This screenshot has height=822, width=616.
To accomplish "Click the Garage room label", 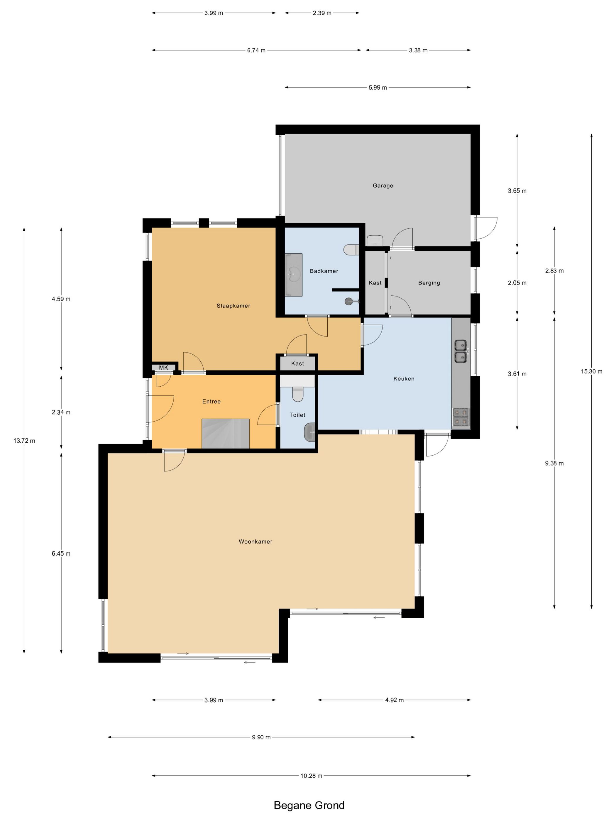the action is coord(383,186).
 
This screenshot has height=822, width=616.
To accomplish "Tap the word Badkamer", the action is coord(324,271).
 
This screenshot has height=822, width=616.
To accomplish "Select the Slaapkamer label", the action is coord(233,306).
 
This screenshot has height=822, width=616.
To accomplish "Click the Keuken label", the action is coord(404,379).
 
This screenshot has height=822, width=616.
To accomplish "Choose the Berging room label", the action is coord(429,283).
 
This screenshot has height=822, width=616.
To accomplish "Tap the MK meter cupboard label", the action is coord(163,368).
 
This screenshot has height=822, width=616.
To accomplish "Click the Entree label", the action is coord(211,401).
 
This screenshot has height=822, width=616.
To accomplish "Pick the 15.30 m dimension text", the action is coord(591,371).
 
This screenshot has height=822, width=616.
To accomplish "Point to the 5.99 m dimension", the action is coord(378,88).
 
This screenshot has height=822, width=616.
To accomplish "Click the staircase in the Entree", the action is coord(225,433).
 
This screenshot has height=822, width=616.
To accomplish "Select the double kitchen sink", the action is coord(461,351).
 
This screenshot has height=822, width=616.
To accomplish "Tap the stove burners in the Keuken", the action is coord(461,417).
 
